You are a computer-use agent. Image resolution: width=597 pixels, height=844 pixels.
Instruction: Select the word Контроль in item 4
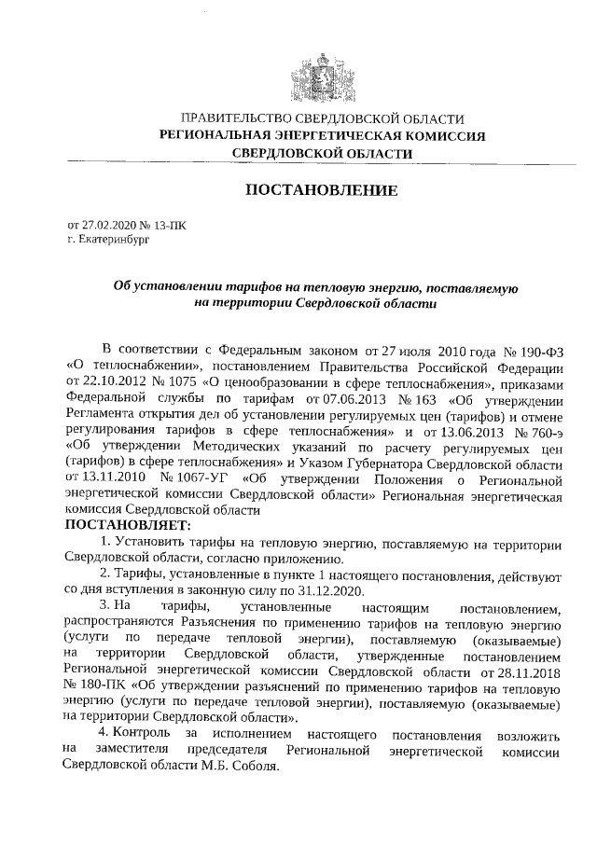143,736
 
